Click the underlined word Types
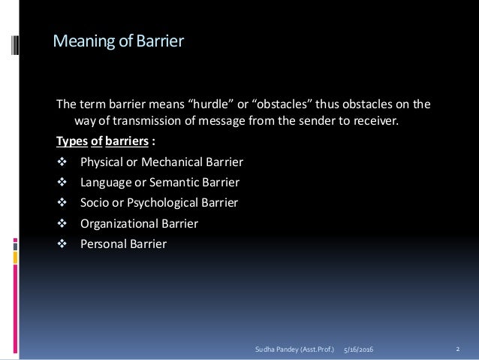pyautogui.click(x=72, y=143)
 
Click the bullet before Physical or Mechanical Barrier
pyautogui.click(x=62, y=162)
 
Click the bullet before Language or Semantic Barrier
pyautogui.click(x=62, y=183)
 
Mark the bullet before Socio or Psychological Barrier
pyautogui.click(x=62, y=203)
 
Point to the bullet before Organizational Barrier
pyautogui.click(x=62, y=223)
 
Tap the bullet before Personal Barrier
pyautogui.click(x=62, y=244)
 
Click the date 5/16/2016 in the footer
pyautogui.click(x=360, y=350)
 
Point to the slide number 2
pyautogui.click(x=458, y=349)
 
